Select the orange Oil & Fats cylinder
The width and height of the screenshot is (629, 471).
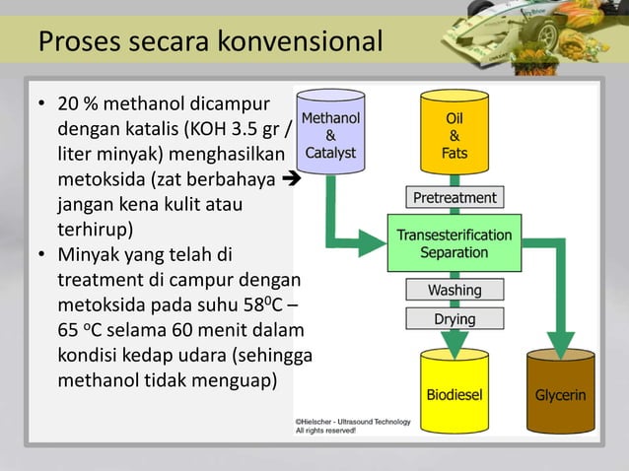click(454, 136)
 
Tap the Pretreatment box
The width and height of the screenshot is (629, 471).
click(454, 198)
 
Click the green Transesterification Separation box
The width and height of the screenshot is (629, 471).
click(454, 243)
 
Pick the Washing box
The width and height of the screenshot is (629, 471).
click(454, 291)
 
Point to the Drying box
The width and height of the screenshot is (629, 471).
click(454, 319)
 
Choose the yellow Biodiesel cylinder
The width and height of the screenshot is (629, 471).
click(454, 394)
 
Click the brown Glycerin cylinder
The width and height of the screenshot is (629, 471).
click(560, 394)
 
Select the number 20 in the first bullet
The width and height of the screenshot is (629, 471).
click(68, 104)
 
